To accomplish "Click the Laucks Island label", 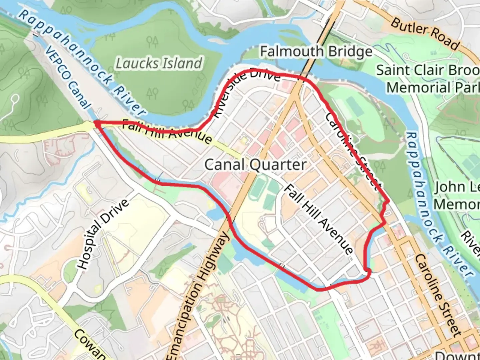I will pyautogui.click(x=159, y=63).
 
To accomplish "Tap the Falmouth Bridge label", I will pyautogui.click(x=316, y=52).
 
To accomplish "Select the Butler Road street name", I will pyautogui.click(x=425, y=34).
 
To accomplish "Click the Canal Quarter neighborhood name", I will pyautogui.click(x=255, y=165).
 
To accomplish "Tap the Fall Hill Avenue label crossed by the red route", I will pyautogui.click(x=167, y=131).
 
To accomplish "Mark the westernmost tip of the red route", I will pyautogui.click(x=95, y=123).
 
